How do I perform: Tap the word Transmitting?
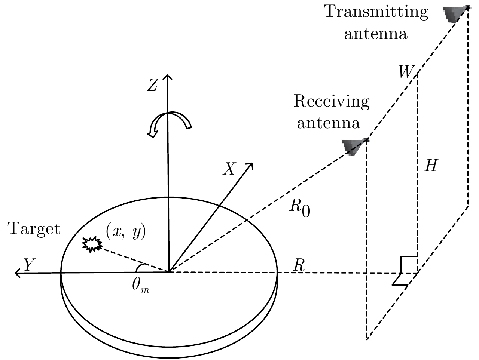point(376,12)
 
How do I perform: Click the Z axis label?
point(153,86)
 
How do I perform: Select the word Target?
point(34,228)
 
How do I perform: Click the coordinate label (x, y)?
point(126,232)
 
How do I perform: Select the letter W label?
point(406,72)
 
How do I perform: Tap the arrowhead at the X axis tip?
point(250,165)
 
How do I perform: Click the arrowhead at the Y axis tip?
point(17,273)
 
